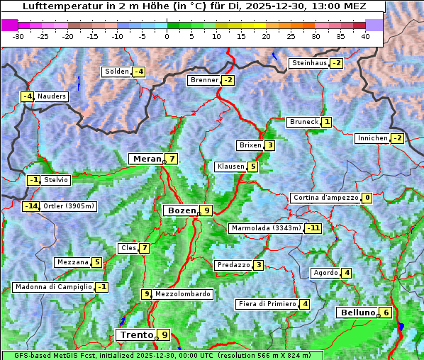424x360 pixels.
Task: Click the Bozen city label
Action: tap(181, 210)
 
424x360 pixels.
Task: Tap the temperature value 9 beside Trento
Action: tap(164, 334)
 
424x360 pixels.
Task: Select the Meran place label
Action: tap(147, 159)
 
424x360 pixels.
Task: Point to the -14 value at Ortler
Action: tap(30, 206)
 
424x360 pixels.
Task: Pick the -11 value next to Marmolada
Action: tap(313, 228)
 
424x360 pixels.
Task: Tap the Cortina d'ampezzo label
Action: tap(325, 198)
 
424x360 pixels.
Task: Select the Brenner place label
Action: tap(204, 80)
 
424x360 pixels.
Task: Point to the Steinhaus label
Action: tap(309, 63)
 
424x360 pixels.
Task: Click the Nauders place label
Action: tap(51, 96)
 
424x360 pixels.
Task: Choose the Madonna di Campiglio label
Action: tap(53, 287)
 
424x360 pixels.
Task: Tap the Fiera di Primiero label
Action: tap(267, 304)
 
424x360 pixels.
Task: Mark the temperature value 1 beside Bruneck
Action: tap(326, 122)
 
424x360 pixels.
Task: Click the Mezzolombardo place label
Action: tap(182, 294)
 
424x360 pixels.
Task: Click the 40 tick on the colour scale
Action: tap(365, 36)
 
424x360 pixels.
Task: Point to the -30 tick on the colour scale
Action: tap(18, 36)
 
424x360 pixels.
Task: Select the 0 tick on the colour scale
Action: tap(167, 36)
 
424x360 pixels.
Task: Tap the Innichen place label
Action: tap(373, 138)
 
